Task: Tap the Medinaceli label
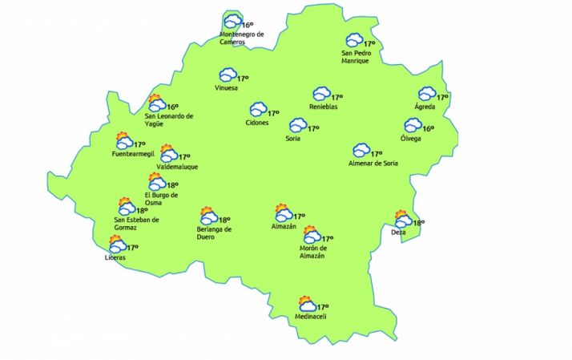(x=312, y=317)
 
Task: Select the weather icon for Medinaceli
(x=306, y=305)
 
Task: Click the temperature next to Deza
(x=418, y=224)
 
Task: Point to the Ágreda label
(x=425, y=107)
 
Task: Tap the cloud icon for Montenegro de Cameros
(x=232, y=22)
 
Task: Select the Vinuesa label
(x=227, y=88)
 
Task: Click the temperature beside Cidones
(x=273, y=114)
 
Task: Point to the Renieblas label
(x=324, y=107)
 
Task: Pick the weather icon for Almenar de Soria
(x=361, y=151)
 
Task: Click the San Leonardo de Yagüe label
(x=169, y=119)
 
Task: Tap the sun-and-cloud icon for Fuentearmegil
(x=123, y=140)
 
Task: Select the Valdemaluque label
(x=177, y=167)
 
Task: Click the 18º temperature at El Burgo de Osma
(x=172, y=185)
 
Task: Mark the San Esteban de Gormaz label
(x=137, y=224)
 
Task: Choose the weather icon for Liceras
(x=117, y=245)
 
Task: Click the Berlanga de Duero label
(x=215, y=233)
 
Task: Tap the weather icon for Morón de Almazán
(x=311, y=235)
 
